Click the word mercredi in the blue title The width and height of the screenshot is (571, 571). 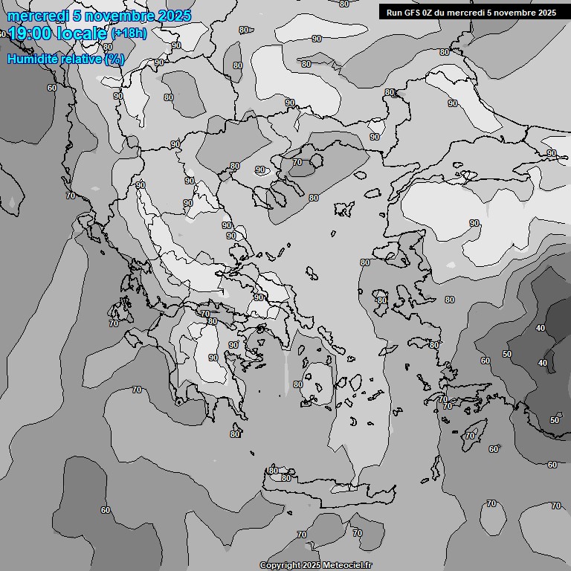coord(36,16)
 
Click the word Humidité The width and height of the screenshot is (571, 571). coord(32,59)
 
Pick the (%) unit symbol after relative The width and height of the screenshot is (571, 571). coord(114,59)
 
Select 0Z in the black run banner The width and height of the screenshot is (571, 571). coord(432,13)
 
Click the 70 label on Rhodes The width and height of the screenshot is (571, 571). coord(470,435)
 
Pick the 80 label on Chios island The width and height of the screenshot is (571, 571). coord(381,300)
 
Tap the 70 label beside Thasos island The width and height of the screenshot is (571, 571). coord(297,162)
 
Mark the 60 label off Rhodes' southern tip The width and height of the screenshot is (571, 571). coord(494,449)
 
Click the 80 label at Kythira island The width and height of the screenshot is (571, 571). coord(235,434)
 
